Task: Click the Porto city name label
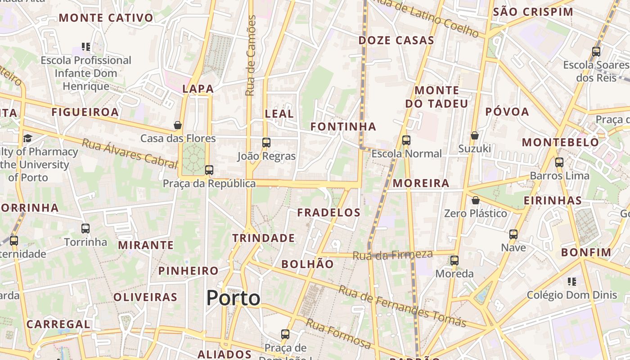pos(233,298)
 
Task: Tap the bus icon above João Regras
pos(266,143)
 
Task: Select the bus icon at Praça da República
pos(209,170)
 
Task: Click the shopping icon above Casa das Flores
pos(178,125)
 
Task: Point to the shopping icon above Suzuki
pos(474,135)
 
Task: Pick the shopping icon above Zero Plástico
pos(475,200)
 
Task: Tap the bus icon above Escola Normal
pos(406,140)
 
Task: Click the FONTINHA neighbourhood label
pos(343,127)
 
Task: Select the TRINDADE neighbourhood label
pos(264,238)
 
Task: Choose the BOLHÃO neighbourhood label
pos(308,264)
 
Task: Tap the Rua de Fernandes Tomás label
pos(402,306)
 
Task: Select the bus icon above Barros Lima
pos(559,162)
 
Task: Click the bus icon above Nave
pos(513,234)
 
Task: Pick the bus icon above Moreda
pos(454,261)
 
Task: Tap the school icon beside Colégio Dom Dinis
pos(572,282)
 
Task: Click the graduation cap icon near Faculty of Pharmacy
pos(28,138)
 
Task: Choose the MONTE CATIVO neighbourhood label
pos(106,18)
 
